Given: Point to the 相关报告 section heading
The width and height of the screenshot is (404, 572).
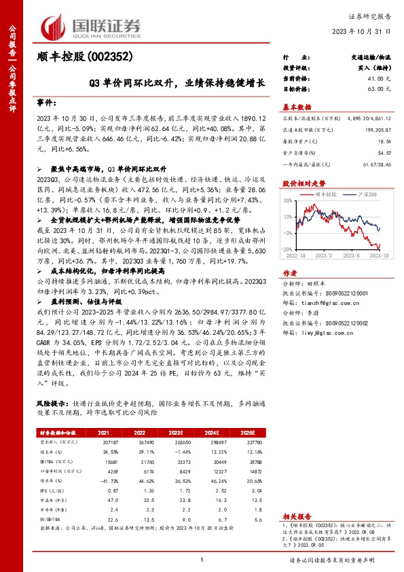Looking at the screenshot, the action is (x=297, y=516).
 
